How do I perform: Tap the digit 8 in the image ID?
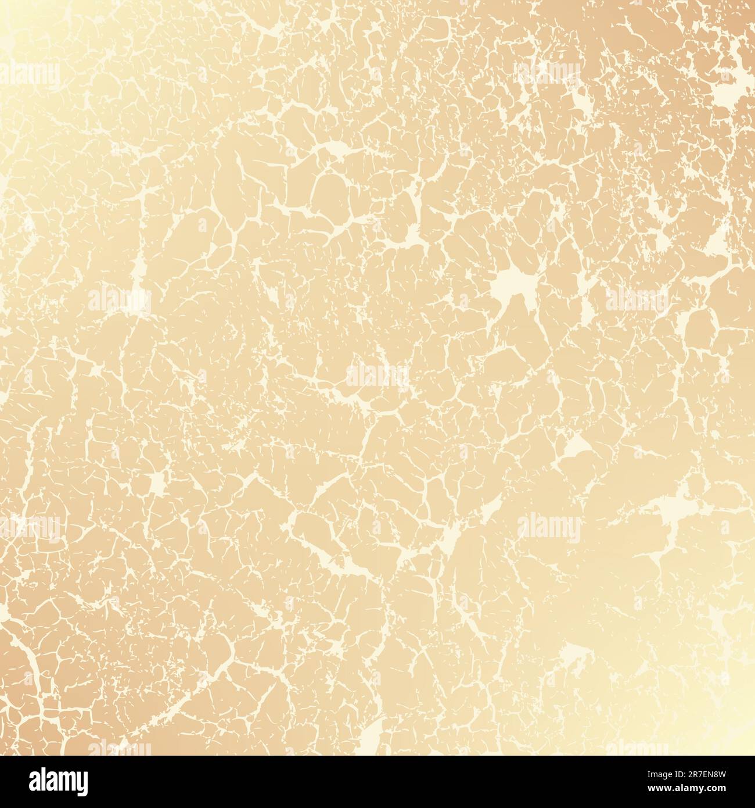click(718, 774)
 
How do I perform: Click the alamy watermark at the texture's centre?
click(378, 377)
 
